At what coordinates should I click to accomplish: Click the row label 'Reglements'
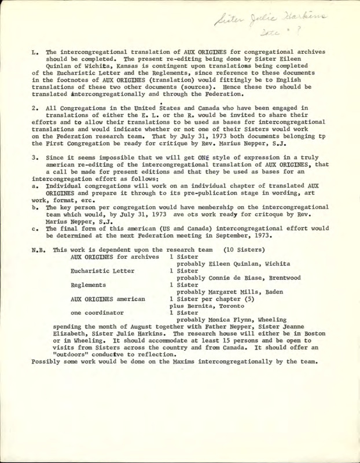tap(90, 285)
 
